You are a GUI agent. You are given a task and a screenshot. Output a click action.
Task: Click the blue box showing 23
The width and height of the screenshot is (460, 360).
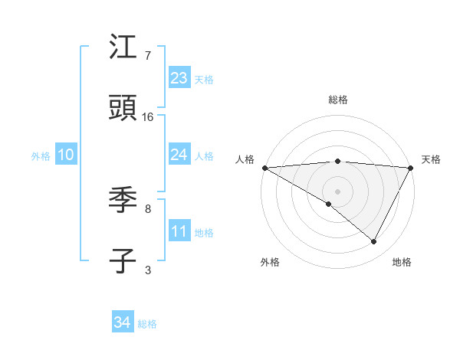pos(179,78)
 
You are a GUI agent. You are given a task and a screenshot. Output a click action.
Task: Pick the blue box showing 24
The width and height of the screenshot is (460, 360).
pos(179,155)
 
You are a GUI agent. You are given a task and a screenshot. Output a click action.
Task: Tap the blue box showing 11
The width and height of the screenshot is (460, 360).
pos(179,231)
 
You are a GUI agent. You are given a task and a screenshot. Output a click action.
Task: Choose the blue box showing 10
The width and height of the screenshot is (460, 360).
pos(66,155)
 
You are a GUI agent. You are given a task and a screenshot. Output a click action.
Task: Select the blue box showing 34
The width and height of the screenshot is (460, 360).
pos(122,322)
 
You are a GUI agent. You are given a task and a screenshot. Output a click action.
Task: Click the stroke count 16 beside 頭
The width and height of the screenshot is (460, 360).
pos(148,117)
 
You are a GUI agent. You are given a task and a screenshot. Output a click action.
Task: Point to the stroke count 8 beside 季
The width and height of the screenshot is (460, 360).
pos(148,208)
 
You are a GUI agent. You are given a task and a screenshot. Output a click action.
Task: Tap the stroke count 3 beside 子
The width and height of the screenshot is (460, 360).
pos(148,270)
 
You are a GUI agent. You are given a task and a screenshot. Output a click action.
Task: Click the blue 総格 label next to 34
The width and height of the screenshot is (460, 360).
pos(147,324)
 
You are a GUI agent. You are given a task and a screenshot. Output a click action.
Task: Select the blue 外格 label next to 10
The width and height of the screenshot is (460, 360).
pos(41,155)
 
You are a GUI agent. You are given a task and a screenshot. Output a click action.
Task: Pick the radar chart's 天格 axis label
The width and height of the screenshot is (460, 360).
pos(431,159)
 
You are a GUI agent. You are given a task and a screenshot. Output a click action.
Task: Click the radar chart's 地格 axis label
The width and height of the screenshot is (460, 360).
pos(402,262)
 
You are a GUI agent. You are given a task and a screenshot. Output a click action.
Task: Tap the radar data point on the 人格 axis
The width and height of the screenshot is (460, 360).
pos(264,168)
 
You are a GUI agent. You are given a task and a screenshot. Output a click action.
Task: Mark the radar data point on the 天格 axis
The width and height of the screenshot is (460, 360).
pos(411,168)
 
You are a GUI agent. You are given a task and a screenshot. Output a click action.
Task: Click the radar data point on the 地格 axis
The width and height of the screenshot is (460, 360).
pos(374,242)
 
